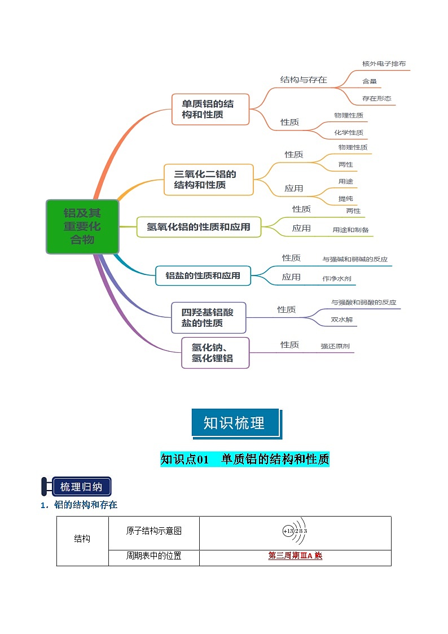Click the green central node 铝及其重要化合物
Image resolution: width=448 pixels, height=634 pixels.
tap(82, 226)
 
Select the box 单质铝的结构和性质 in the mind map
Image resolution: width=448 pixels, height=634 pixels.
tap(210, 109)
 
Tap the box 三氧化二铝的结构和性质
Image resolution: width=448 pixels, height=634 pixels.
tap(208, 180)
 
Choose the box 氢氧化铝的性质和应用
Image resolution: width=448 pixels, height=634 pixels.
tap(199, 227)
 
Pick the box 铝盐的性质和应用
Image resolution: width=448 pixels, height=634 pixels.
tap(203, 276)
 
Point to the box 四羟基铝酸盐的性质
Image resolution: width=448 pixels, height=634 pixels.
tap(209, 317)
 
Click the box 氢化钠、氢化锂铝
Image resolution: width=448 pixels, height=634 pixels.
tap(215, 353)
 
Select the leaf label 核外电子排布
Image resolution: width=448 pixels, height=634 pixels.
tap(384, 64)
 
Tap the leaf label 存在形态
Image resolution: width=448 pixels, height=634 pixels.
tap(376, 98)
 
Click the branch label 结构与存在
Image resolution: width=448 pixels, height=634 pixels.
tap(304, 80)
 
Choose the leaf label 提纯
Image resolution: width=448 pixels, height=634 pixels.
tap(345, 199)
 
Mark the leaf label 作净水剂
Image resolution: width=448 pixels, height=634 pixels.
tap(337, 278)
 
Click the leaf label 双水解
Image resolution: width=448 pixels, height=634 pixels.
tap(342, 320)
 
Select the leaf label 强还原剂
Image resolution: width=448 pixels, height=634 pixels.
tap(335, 347)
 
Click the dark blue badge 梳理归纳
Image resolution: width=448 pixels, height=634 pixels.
tap(81, 487)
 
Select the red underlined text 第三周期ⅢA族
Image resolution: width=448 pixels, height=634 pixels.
tap(295, 556)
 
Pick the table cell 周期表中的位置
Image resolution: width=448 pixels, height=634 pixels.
tap(153, 556)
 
